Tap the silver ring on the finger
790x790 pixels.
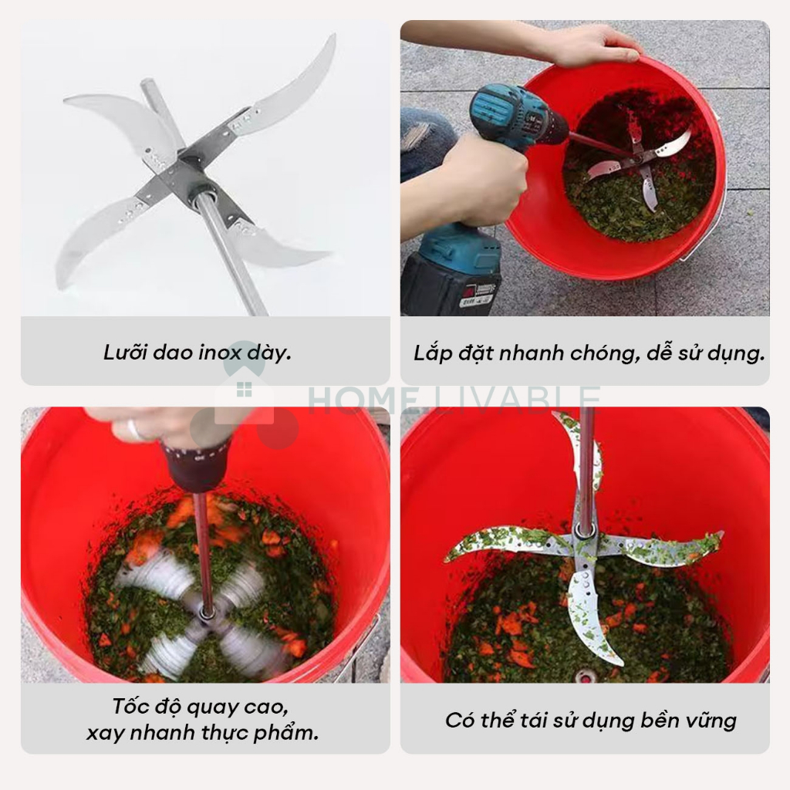click(x=133, y=429)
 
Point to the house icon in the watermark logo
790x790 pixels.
click(x=245, y=393)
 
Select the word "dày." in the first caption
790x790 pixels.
click(x=269, y=352)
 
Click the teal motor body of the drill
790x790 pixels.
click(x=519, y=116)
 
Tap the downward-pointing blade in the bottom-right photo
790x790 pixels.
click(x=589, y=612)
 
